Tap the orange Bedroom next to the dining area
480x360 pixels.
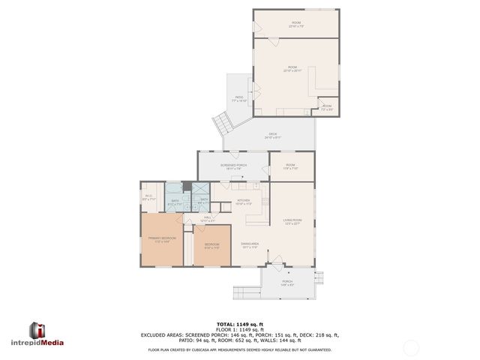[212, 245]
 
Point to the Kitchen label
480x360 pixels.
[244, 201]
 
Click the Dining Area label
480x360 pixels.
[250, 245]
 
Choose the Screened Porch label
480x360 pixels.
[233, 166]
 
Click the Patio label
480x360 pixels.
[239, 99]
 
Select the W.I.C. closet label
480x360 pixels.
[148, 198]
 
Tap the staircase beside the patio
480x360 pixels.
[221, 121]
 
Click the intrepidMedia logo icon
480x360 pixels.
[37, 331]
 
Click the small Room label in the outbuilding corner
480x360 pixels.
[327, 107]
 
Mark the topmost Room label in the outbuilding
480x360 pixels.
[295, 24]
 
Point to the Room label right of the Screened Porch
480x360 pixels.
[290, 166]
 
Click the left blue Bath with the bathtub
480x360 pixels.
[174, 201]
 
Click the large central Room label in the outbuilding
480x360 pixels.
[292, 69]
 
